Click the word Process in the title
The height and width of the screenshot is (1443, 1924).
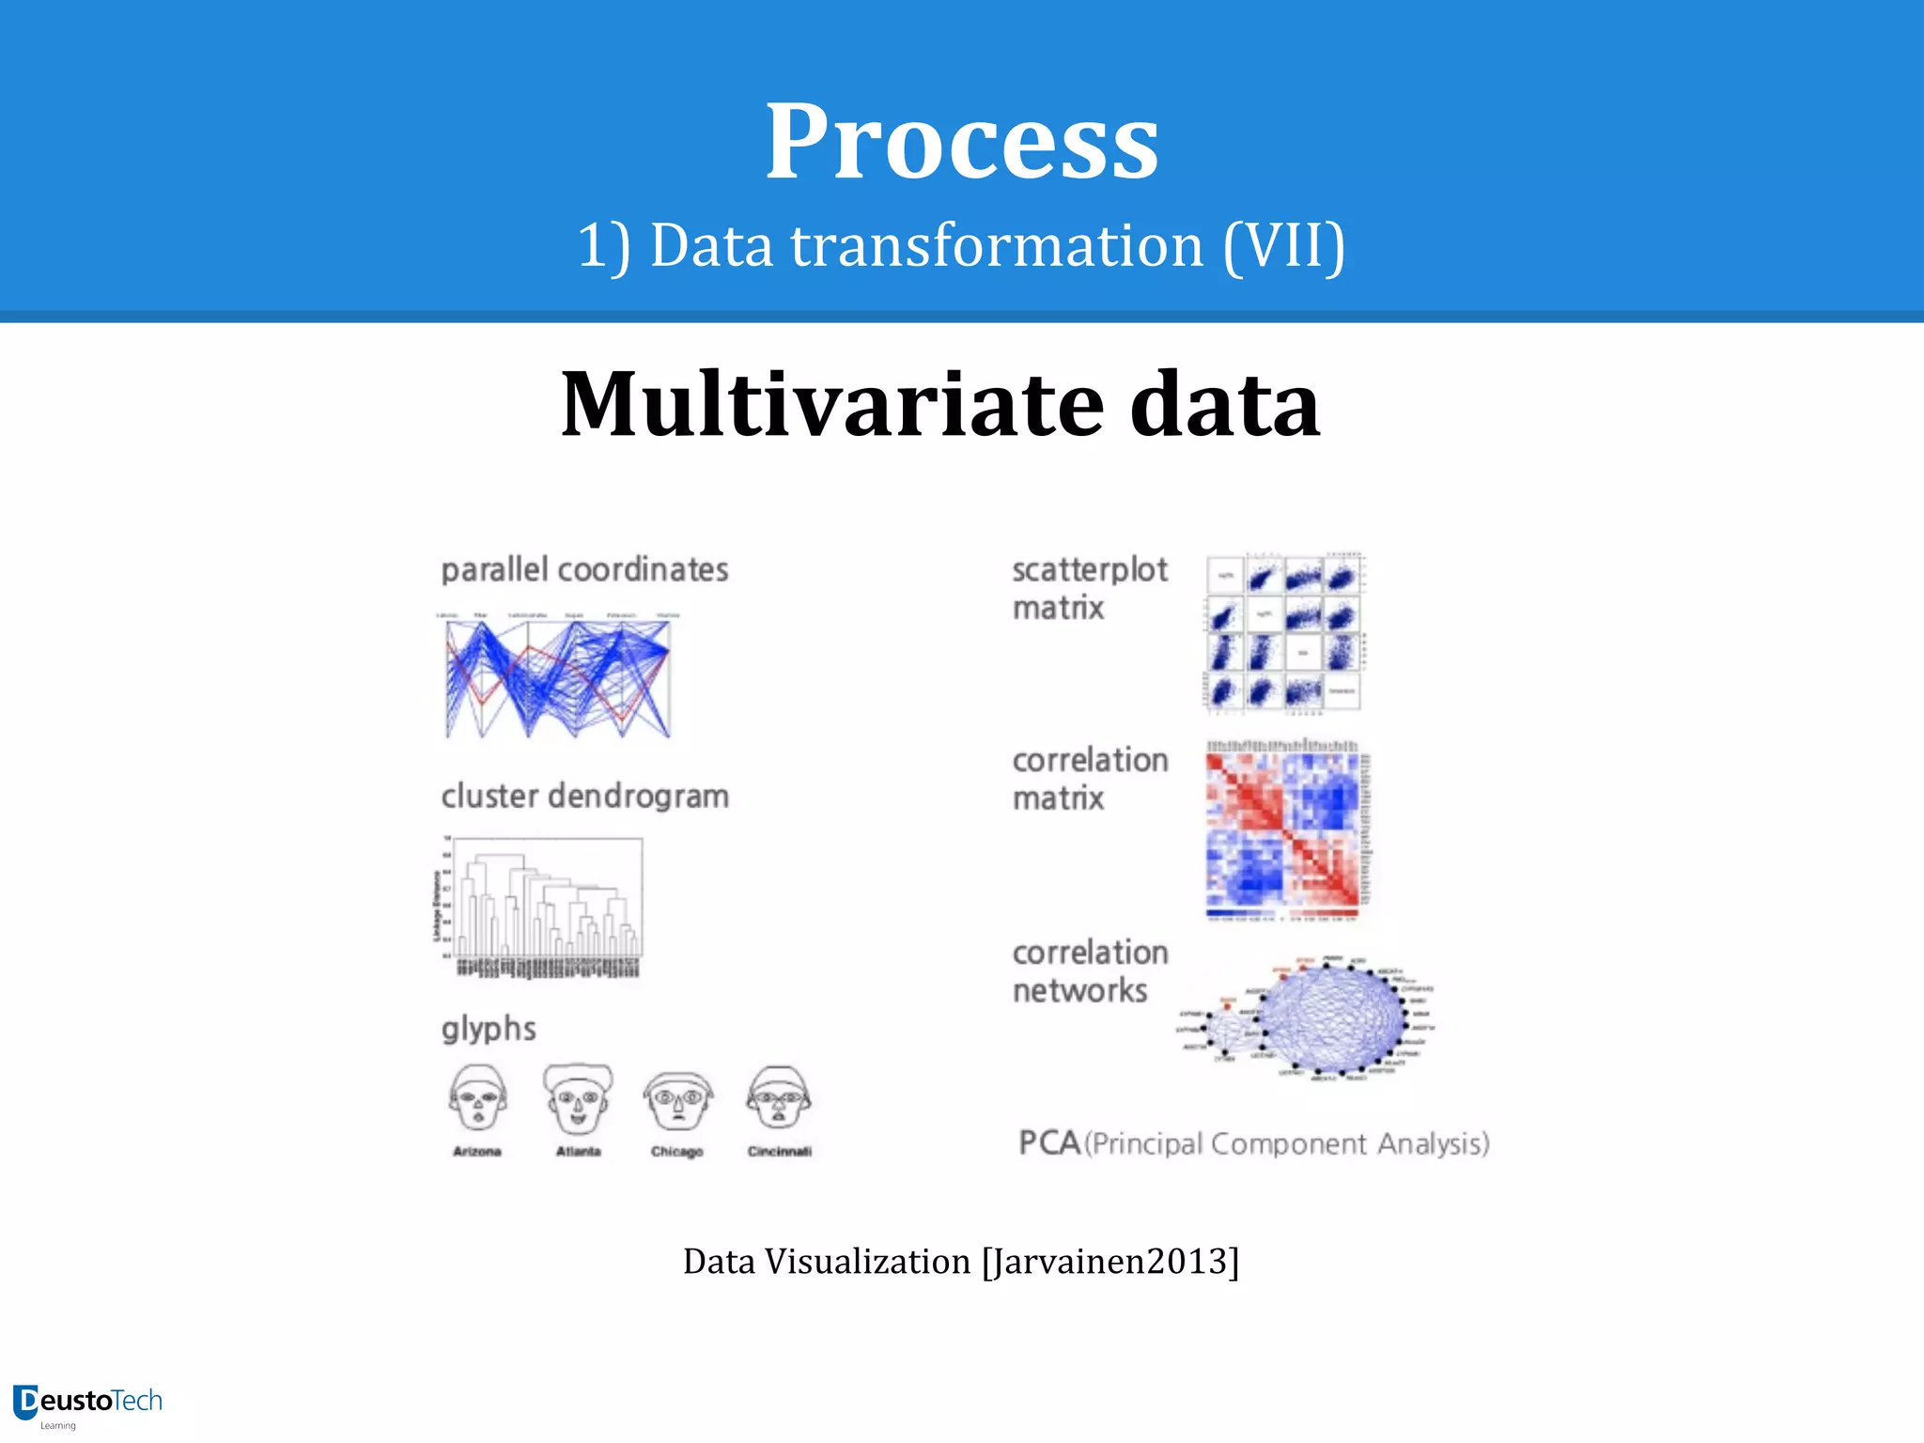[961, 143]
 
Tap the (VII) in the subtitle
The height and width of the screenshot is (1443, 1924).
[1284, 246]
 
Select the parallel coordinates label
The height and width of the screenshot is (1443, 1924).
[584, 569]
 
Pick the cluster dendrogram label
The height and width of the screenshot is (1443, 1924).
[584, 796]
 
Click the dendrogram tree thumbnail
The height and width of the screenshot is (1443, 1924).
[543, 907]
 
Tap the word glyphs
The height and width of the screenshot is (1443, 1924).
[489, 1029]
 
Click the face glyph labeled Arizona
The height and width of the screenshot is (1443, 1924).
[478, 1098]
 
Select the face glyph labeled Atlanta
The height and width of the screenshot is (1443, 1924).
[578, 1098]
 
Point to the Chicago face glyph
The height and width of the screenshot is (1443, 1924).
[677, 1100]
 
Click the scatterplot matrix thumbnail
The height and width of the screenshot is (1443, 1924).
[1284, 631]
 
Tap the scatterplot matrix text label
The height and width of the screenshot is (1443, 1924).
[1089, 588]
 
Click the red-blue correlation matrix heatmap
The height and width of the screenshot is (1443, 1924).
[1285, 830]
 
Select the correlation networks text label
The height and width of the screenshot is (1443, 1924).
[1089, 970]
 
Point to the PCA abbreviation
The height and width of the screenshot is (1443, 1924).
[1049, 1142]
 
